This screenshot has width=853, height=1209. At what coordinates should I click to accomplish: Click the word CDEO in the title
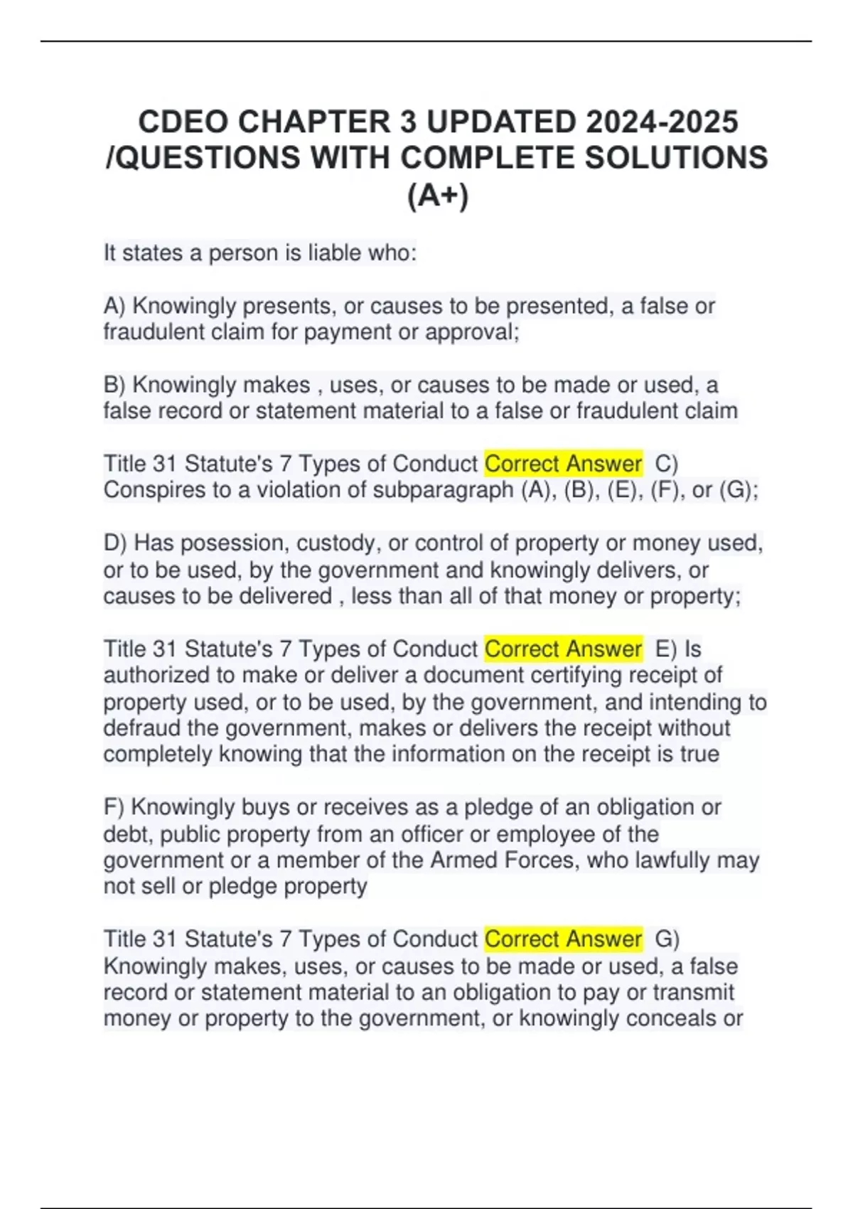pos(183,122)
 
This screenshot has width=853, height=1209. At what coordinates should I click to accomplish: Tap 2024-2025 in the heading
pos(662,122)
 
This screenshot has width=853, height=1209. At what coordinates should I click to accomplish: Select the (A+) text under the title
pos(438,196)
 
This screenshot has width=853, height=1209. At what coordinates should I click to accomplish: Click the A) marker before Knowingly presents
pos(114,306)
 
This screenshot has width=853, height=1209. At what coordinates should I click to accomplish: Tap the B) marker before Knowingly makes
pos(114,385)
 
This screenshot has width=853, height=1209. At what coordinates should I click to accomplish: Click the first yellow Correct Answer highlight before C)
pos(563,464)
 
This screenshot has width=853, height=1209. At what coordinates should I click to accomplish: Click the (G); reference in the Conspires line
pos(739,490)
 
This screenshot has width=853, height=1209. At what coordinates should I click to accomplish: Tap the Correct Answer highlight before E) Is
pos(563,649)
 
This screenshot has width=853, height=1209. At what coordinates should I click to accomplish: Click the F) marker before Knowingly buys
pos(114,807)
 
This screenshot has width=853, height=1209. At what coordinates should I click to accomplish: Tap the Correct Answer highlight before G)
pos(563,939)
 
